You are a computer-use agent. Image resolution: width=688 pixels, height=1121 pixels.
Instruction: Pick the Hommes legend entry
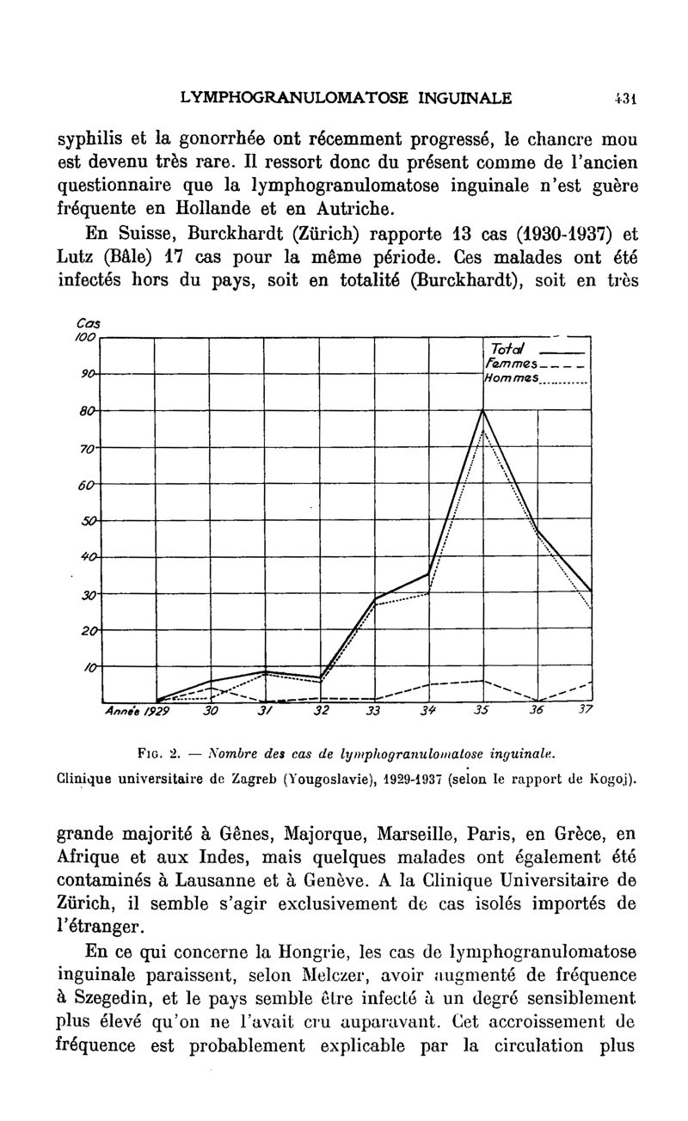[x=511, y=378]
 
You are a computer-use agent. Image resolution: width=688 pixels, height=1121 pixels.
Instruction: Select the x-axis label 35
[x=481, y=712]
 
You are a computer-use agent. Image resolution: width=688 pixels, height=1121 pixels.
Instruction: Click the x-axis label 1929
[x=157, y=712]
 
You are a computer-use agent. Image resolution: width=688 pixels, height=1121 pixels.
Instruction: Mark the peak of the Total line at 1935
[x=483, y=410]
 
